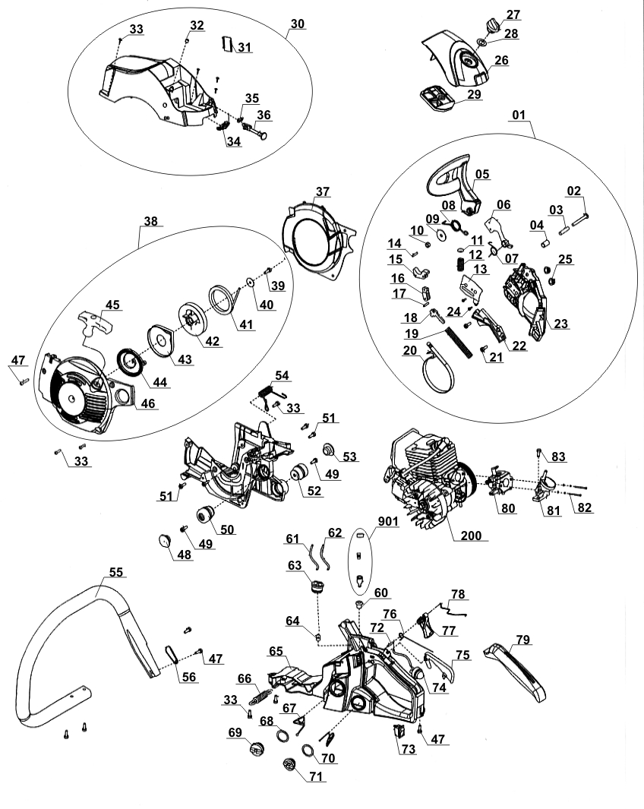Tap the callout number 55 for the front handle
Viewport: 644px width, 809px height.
(x=116, y=571)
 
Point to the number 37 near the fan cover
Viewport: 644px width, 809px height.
(x=324, y=191)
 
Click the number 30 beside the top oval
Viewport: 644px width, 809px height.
(x=297, y=24)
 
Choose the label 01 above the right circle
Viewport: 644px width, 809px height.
(x=519, y=115)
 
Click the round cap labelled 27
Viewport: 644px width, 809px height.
(x=492, y=26)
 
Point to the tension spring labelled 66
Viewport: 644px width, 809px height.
(x=260, y=694)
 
